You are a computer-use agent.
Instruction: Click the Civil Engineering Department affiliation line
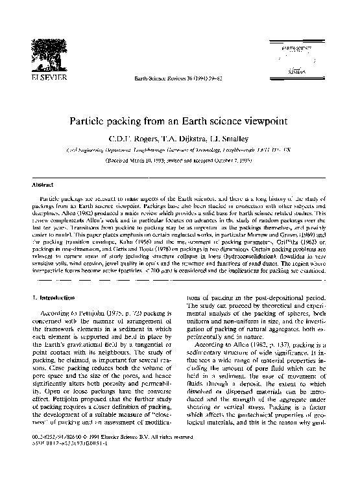click(x=180, y=148)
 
